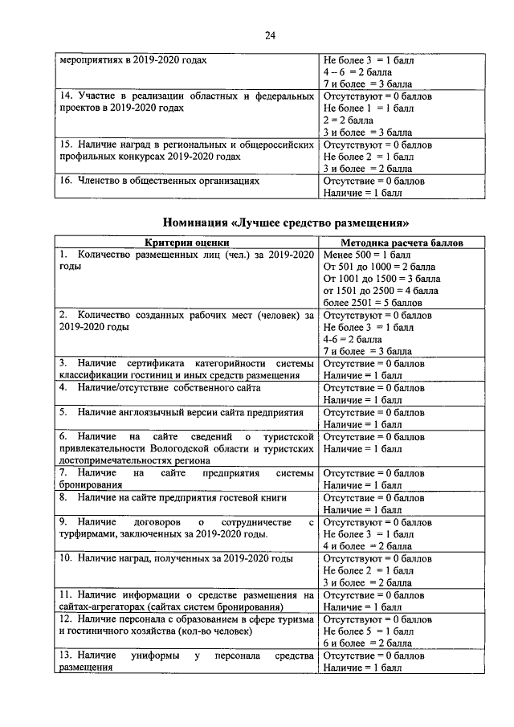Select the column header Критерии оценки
coord(186,242)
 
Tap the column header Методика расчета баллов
coord(402,242)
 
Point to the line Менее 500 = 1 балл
coord(368,254)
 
